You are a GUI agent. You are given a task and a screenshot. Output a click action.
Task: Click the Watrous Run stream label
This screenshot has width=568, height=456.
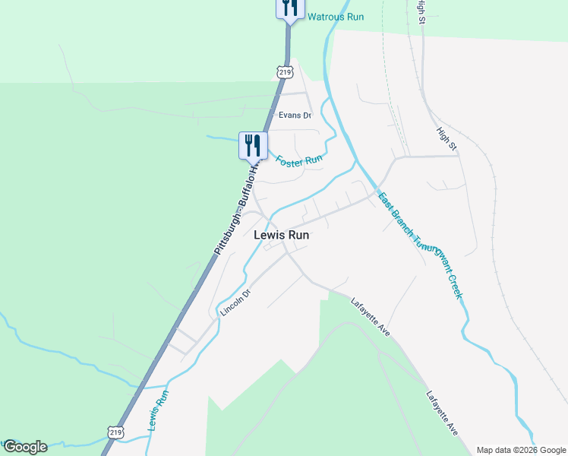point(334,17)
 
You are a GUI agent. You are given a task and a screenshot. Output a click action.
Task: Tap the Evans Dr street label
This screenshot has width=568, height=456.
point(295,116)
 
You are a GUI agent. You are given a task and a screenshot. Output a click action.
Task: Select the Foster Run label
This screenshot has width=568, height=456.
point(299,161)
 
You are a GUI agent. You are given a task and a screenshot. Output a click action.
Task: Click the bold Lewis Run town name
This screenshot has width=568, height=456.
point(281,236)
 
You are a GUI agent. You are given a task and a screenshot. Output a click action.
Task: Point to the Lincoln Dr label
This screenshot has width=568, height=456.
point(235,302)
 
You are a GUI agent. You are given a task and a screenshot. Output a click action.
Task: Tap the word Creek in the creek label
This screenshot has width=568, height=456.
point(453,286)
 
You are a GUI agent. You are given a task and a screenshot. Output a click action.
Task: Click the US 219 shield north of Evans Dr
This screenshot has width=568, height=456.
point(285,72)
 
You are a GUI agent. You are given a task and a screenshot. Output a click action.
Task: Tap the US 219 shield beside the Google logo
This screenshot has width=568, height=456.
point(115,432)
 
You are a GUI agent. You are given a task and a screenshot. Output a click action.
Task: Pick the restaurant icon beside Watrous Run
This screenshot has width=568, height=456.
point(290,8)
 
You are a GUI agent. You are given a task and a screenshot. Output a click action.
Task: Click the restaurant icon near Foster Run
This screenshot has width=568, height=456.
point(253,144)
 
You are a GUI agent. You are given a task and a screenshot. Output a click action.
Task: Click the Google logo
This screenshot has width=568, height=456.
point(25,447)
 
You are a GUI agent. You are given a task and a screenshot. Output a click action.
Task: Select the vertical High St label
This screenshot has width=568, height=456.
point(421,11)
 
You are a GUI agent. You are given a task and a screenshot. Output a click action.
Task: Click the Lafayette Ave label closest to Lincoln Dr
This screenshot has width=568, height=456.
point(371,318)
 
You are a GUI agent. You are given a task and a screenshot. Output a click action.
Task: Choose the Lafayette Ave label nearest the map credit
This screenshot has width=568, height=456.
point(442,413)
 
